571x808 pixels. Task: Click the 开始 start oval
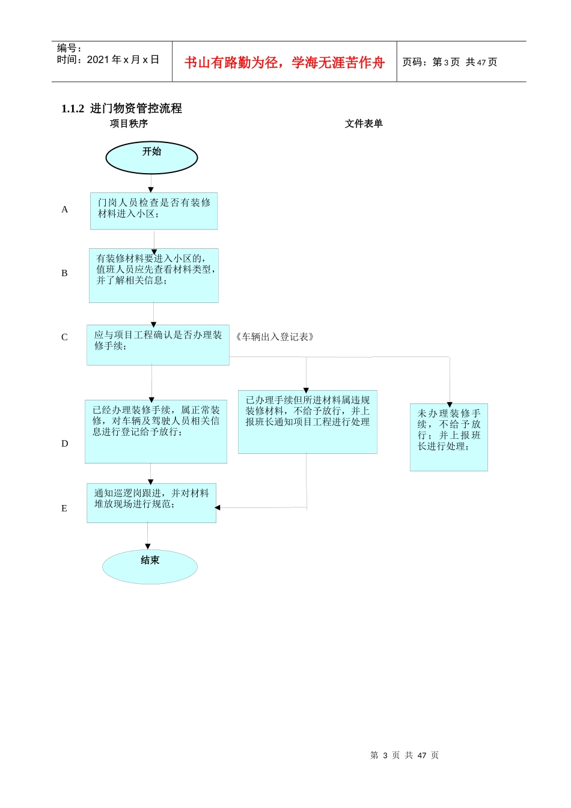coord(151,158)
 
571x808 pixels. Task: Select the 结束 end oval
coord(150,566)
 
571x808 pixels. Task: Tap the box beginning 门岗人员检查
coord(154,211)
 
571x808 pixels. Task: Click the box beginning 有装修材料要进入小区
coord(154,275)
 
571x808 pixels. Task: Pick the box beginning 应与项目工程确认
coord(158,345)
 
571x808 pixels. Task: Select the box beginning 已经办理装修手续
coord(156,432)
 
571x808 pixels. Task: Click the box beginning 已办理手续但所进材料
coord(307,422)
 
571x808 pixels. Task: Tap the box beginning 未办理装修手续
coord(449,437)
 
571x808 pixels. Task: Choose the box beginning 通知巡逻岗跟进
coord(151,503)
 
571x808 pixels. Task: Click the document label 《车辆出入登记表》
coord(275,337)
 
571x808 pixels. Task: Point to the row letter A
coord(65,210)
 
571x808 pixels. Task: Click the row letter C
coord(64,337)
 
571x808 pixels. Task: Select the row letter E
coord(64,509)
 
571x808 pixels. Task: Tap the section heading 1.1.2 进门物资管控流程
coord(121,109)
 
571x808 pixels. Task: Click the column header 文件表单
coord(364,124)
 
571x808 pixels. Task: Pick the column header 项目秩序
coord(129,124)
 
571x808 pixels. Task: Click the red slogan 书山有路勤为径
coord(284,63)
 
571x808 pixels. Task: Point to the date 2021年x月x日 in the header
coord(123,60)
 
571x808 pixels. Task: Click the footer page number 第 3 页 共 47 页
coord(405,756)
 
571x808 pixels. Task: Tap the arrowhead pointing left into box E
coord(218,508)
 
